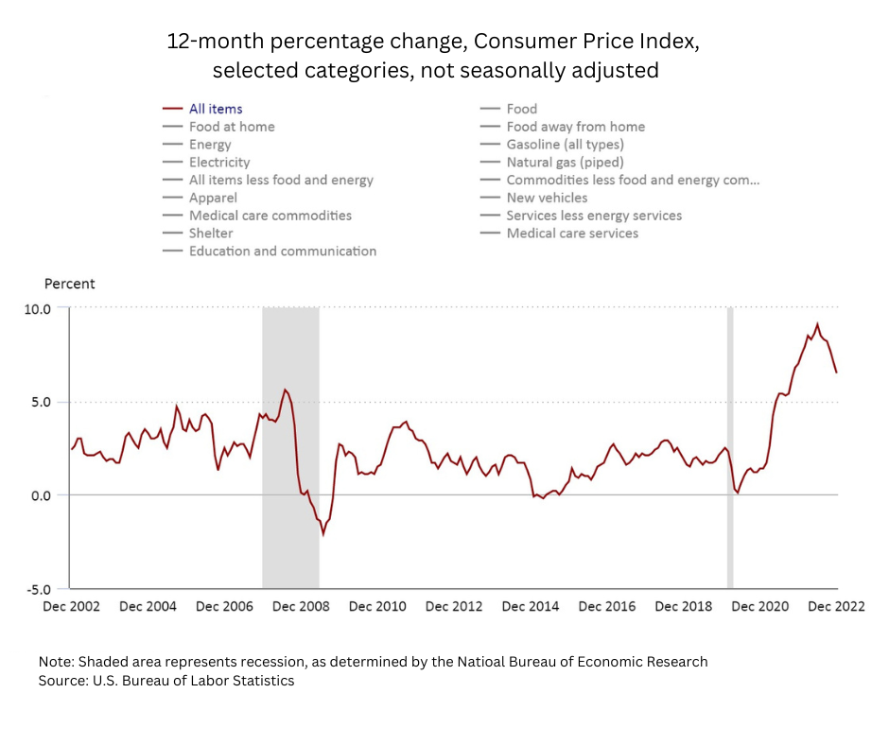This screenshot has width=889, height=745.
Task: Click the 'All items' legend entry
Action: click(x=216, y=109)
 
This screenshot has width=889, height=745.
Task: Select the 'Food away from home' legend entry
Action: click(x=575, y=127)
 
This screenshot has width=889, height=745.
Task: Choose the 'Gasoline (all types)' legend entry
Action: click(x=565, y=145)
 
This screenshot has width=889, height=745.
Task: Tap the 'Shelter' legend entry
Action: click(x=210, y=234)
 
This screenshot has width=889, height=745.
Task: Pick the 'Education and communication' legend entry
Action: click(x=282, y=251)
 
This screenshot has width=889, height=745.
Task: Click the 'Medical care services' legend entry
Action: click(x=571, y=234)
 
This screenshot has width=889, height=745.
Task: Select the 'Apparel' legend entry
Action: click(x=213, y=198)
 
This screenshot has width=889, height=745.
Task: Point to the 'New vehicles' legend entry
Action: click(x=547, y=198)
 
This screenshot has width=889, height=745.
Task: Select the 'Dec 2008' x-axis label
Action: click(x=301, y=606)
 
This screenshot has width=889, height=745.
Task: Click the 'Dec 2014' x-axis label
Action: click(x=531, y=606)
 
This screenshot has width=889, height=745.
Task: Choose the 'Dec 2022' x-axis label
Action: click(x=836, y=606)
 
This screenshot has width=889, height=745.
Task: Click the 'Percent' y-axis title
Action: click(x=69, y=284)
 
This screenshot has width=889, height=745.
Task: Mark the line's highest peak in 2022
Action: click(x=817, y=324)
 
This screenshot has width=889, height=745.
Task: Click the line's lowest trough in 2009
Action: click(x=323, y=534)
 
